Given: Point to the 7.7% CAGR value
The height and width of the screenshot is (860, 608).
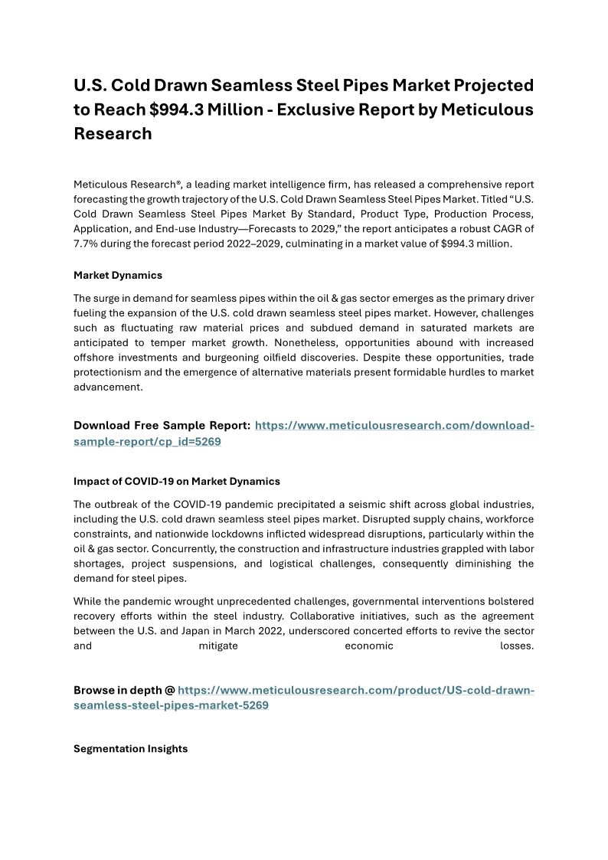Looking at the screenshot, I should tap(90, 243).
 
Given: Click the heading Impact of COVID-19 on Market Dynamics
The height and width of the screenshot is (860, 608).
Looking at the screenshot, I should tap(176, 482).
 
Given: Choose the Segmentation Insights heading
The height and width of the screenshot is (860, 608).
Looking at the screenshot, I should tap(130, 749).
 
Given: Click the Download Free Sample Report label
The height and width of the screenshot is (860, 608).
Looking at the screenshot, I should tap(162, 426).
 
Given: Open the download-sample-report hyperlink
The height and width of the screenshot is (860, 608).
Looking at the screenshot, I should tap(394, 426).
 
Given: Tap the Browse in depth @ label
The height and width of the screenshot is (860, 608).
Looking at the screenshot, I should tap(124, 691).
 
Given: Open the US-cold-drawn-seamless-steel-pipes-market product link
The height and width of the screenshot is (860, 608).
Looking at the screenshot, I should tap(355, 691).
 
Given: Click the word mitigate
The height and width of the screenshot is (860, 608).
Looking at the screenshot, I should tap(218, 646).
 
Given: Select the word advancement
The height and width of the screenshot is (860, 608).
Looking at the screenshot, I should tap(108, 387).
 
